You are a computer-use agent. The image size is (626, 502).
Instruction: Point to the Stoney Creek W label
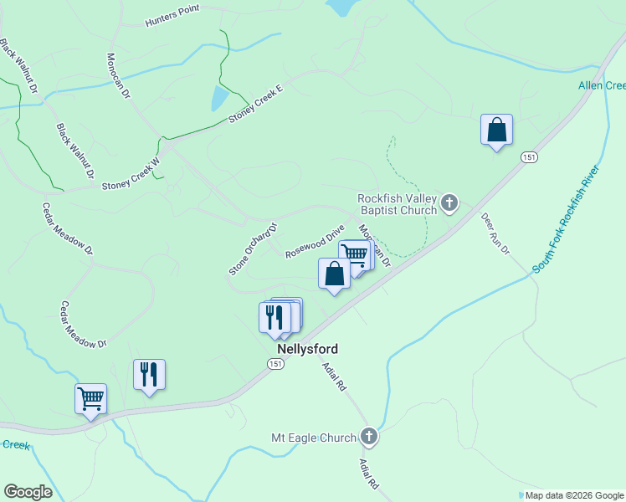[130, 175]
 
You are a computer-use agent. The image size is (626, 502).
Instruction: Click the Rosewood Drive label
[315, 241]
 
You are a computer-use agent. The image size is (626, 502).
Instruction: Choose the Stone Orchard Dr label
[252, 249]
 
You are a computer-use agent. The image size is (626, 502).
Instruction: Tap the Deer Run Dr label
[495, 238]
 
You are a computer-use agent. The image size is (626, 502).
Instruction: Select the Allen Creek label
[602, 85]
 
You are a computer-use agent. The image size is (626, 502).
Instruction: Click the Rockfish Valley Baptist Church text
[397, 204]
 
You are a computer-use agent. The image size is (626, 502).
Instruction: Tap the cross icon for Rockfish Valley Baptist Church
[449, 202]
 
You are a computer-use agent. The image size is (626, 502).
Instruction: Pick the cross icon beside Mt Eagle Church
[369, 436]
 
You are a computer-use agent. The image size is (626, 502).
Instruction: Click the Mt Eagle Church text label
[314, 437]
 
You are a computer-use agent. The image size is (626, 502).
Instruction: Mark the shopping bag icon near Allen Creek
[496, 131]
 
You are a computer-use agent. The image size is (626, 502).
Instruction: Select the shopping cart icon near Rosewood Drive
[355, 254]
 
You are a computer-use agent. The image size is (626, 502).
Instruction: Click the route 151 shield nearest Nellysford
[277, 364]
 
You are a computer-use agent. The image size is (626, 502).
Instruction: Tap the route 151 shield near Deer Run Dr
[528, 157]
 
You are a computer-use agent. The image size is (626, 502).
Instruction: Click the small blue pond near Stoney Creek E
[218, 98]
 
